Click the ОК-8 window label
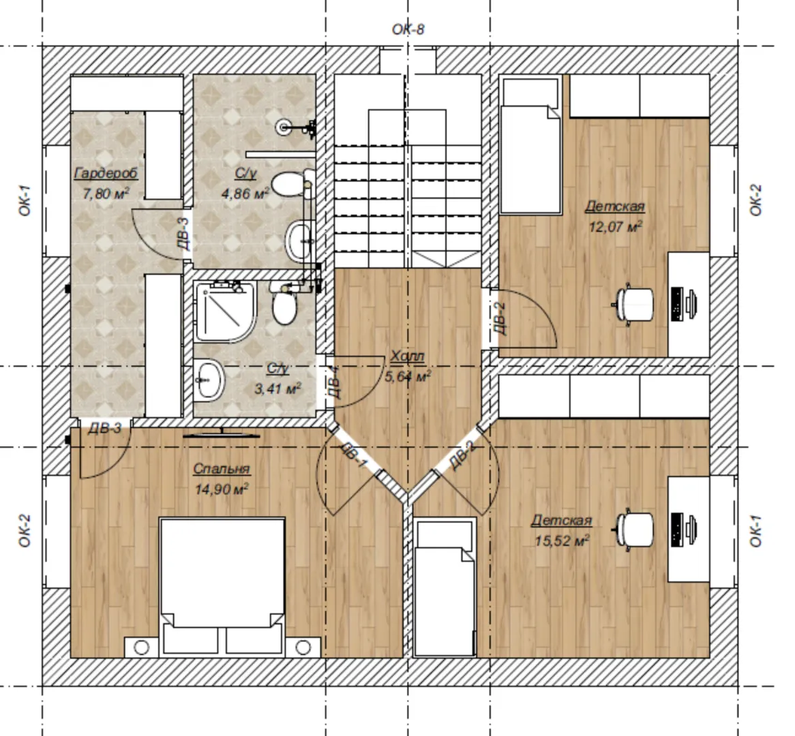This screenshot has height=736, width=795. pos(408,29)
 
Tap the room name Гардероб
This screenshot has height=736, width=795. pos(106,173)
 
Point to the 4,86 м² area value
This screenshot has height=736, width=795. pos(245,194)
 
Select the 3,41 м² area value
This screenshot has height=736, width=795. pos(278,389)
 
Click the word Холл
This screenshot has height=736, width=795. pos(407,356)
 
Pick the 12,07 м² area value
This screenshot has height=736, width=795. pos(616,226)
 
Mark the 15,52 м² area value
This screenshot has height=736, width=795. pos(562,541)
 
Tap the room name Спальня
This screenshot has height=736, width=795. pos(222,469)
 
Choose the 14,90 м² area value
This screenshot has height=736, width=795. pos(222,489)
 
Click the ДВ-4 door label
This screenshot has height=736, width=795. pos(337,383)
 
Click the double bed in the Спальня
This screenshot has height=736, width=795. pos(222,586)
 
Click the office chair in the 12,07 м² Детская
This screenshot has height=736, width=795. pos(633,304)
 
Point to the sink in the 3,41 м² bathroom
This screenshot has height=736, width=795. pos(209,380)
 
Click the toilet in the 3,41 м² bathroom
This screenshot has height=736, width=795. pos(284,304)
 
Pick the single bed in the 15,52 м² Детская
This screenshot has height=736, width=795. pos(445,587)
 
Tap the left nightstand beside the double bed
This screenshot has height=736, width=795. pos(141,647)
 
